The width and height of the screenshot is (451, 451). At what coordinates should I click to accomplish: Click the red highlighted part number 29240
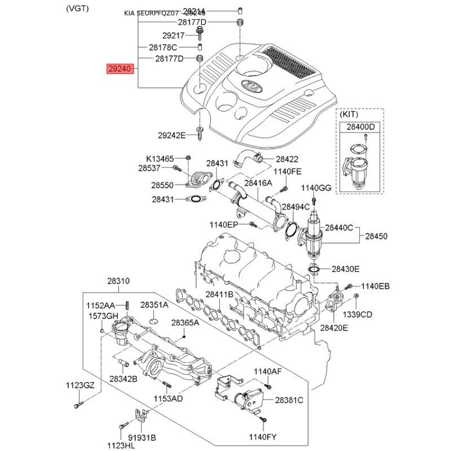(x=120, y=69)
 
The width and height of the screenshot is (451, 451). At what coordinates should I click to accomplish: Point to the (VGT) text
(x=77, y=8)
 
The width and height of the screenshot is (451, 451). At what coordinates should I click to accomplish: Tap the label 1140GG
(x=317, y=187)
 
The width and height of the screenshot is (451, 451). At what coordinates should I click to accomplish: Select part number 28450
(x=376, y=237)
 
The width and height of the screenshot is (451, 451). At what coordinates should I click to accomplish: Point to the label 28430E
(x=345, y=269)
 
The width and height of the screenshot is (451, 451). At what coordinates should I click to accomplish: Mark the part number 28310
(x=119, y=281)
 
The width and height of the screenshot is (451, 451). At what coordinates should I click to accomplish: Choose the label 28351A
(x=154, y=304)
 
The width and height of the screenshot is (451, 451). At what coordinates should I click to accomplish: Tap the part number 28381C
(x=289, y=400)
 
